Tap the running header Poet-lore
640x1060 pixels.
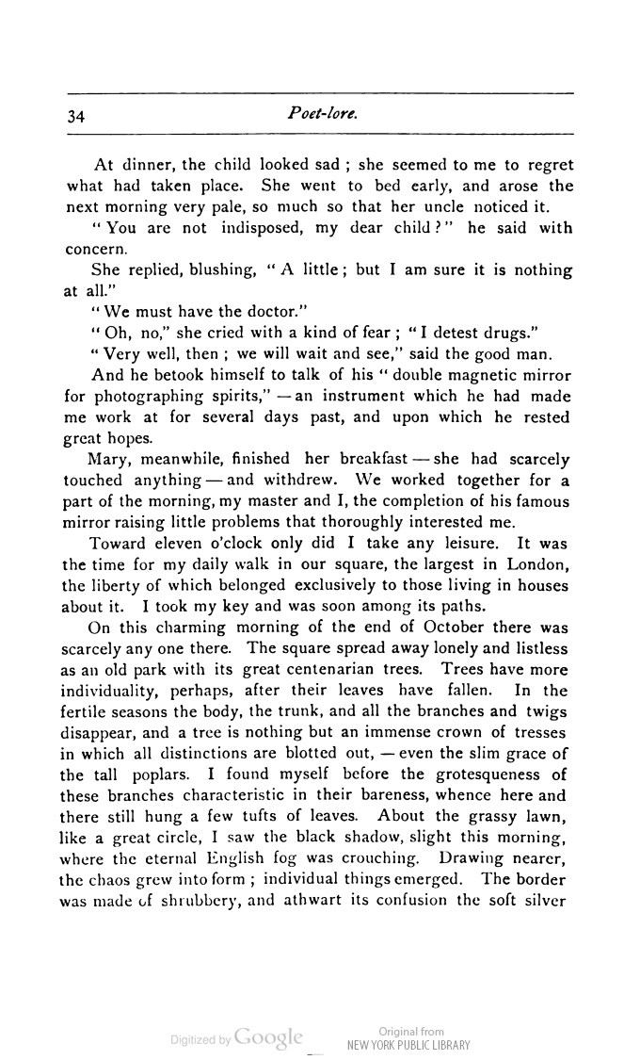pos(321,114)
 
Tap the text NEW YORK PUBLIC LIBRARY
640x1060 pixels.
pos(409,1045)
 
